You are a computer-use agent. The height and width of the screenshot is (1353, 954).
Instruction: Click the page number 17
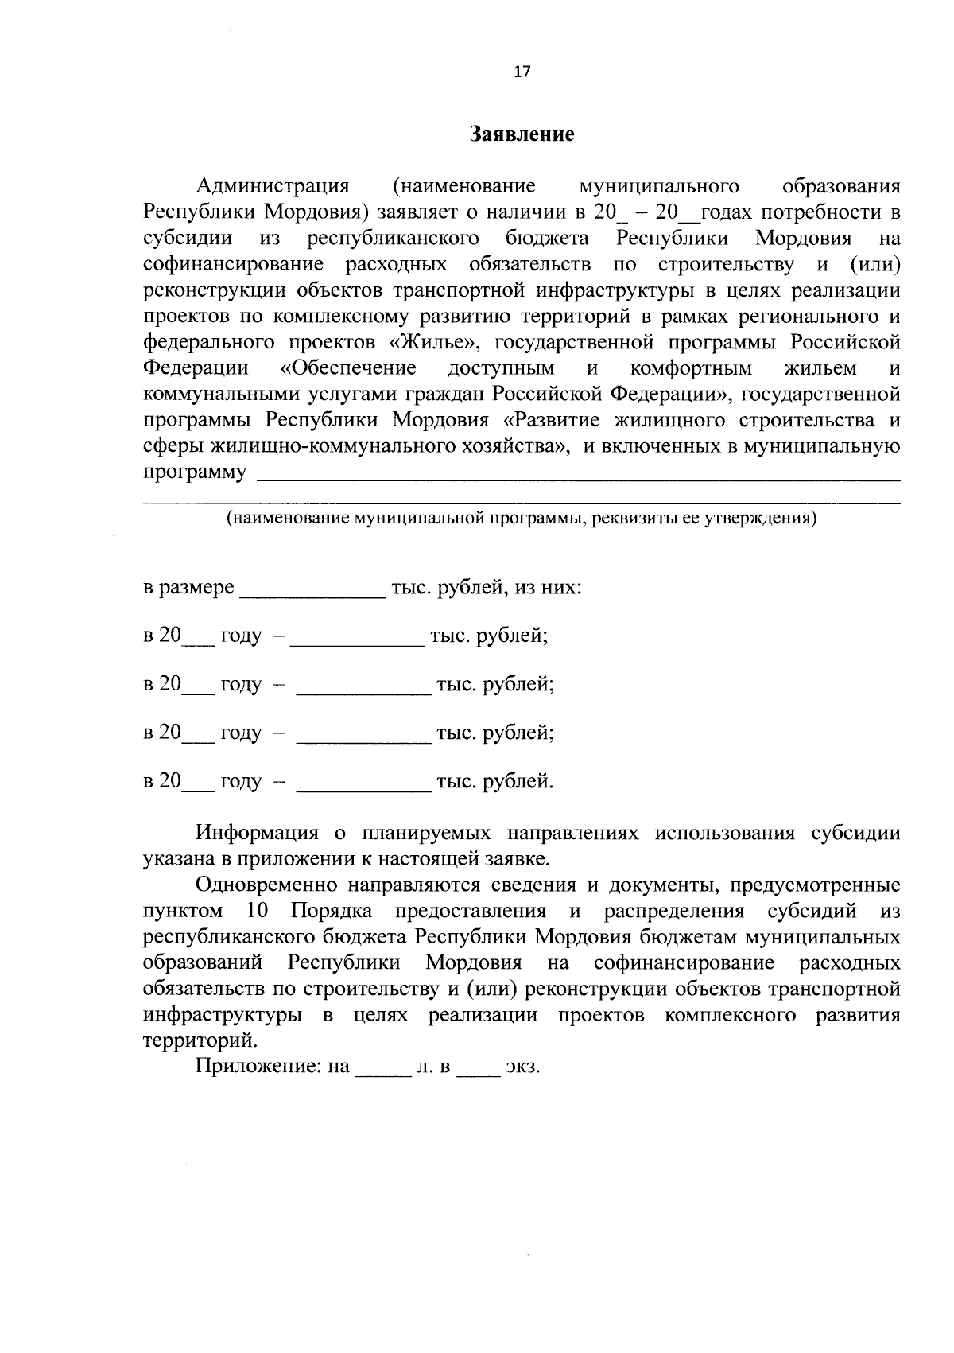click(x=522, y=72)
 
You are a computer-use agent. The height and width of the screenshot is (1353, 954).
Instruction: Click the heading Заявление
click(x=522, y=134)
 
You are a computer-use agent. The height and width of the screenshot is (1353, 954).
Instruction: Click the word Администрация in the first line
click(x=273, y=186)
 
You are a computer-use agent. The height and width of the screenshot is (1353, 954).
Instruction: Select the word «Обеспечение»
click(x=349, y=369)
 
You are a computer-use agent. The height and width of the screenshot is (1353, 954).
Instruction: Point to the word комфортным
click(x=690, y=369)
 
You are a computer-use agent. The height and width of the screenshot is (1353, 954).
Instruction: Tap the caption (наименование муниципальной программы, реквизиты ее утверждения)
click(x=522, y=519)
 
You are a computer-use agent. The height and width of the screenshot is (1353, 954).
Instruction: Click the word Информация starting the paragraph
click(x=257, y=833)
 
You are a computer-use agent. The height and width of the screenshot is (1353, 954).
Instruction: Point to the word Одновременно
click(x=275, y=885)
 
